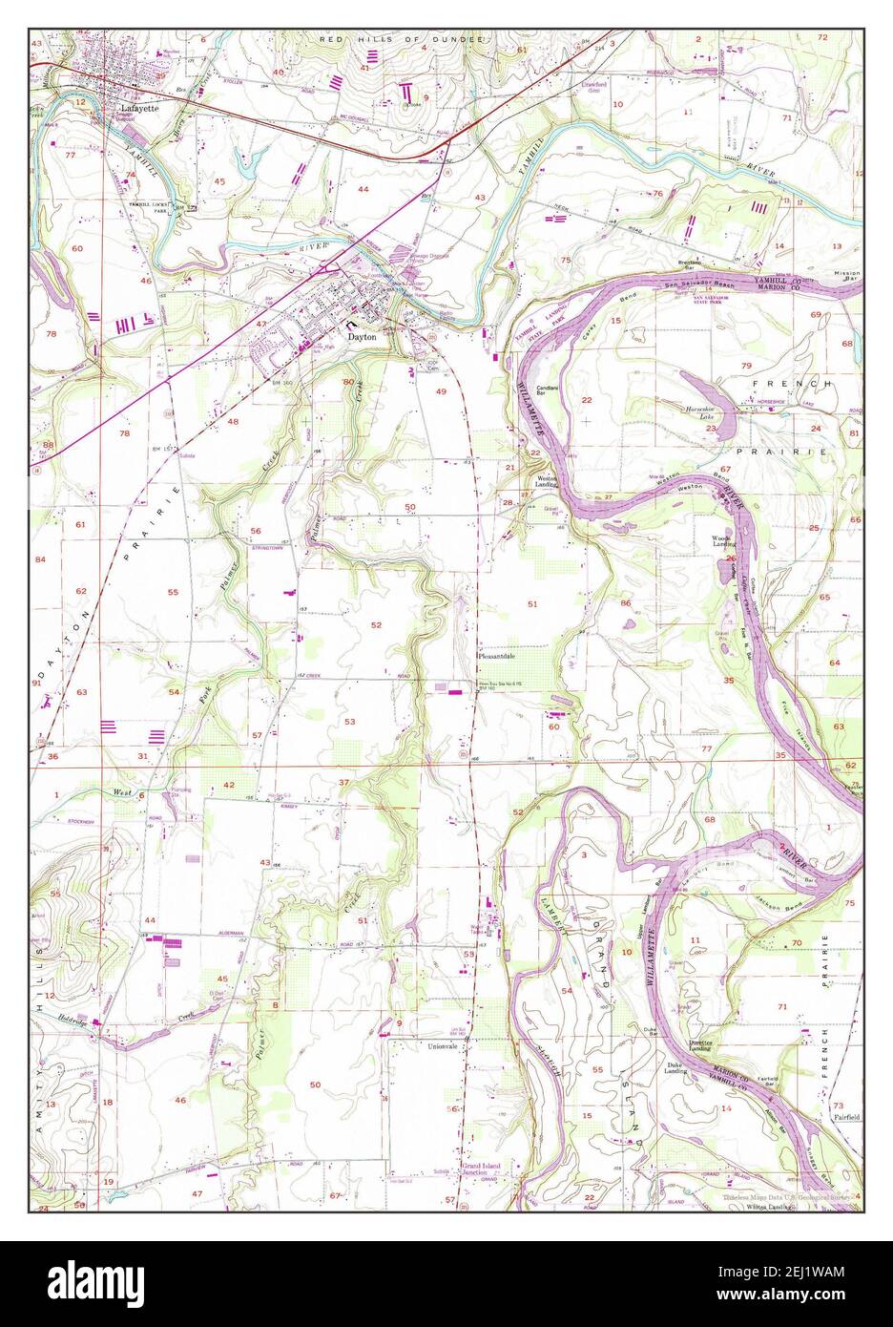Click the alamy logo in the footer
click(x=114, y=1283)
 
